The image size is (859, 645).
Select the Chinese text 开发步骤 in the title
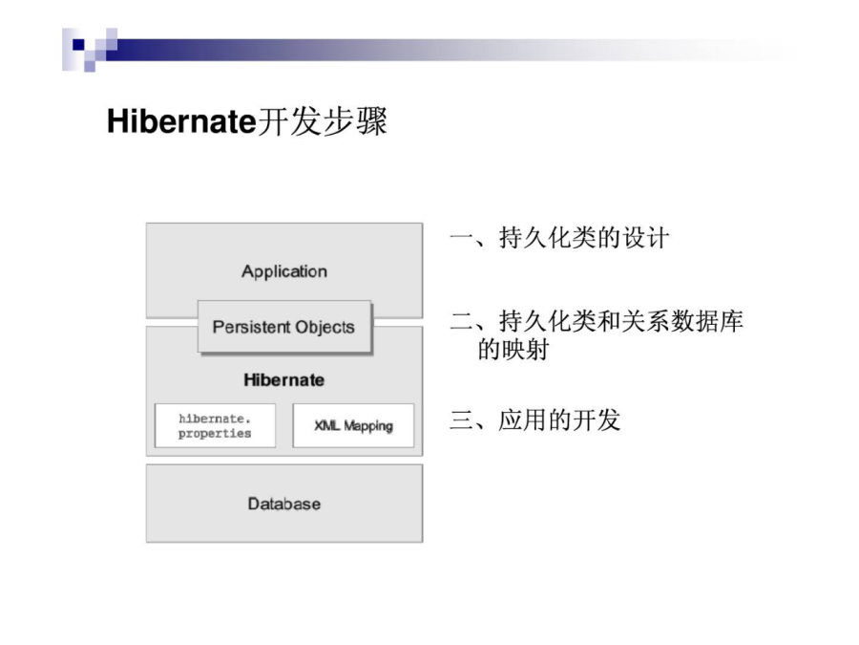coord(323,121)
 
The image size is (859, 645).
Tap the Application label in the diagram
coord(284,271)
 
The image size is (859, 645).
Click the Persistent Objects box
coord(284,327)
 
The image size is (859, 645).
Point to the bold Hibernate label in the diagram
coord(283,379)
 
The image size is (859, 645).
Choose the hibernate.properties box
coord(216,425)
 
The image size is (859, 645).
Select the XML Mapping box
coord(353,425)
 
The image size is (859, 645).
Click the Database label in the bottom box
coord(284,504)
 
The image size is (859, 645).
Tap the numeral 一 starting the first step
coord(461,238)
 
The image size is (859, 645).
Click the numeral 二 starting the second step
coord(461,321)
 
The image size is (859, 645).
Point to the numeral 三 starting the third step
coord(461,420)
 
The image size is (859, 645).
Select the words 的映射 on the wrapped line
coord(513,350)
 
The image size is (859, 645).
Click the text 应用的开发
coord(559,420)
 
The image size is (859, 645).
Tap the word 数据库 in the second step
coord(706,321)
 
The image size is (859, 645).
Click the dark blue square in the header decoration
coord(78,44)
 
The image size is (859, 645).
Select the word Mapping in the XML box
coord(368,426)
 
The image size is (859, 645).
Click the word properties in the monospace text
coord(215,433)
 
